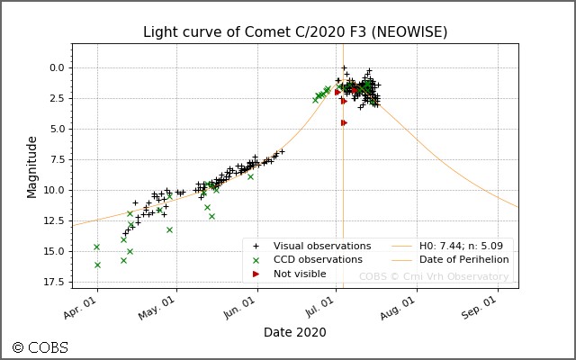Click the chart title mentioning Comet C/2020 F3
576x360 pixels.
(295, 32)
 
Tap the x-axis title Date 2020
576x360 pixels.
(295, 332)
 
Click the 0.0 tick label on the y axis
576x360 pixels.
(56, 67)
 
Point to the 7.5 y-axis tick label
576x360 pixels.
(56, 158)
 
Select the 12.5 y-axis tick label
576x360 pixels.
(53, 220)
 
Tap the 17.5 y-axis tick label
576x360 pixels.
(53, 281)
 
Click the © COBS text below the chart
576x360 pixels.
(40, 347)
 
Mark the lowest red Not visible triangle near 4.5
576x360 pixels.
(344, 122)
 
